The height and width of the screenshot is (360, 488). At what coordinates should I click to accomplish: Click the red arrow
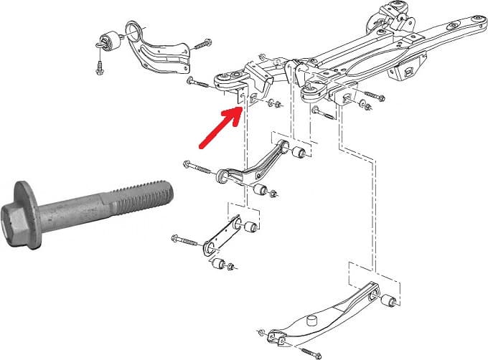[218, 129]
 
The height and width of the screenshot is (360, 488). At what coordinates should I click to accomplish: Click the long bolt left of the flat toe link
[185, 239]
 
